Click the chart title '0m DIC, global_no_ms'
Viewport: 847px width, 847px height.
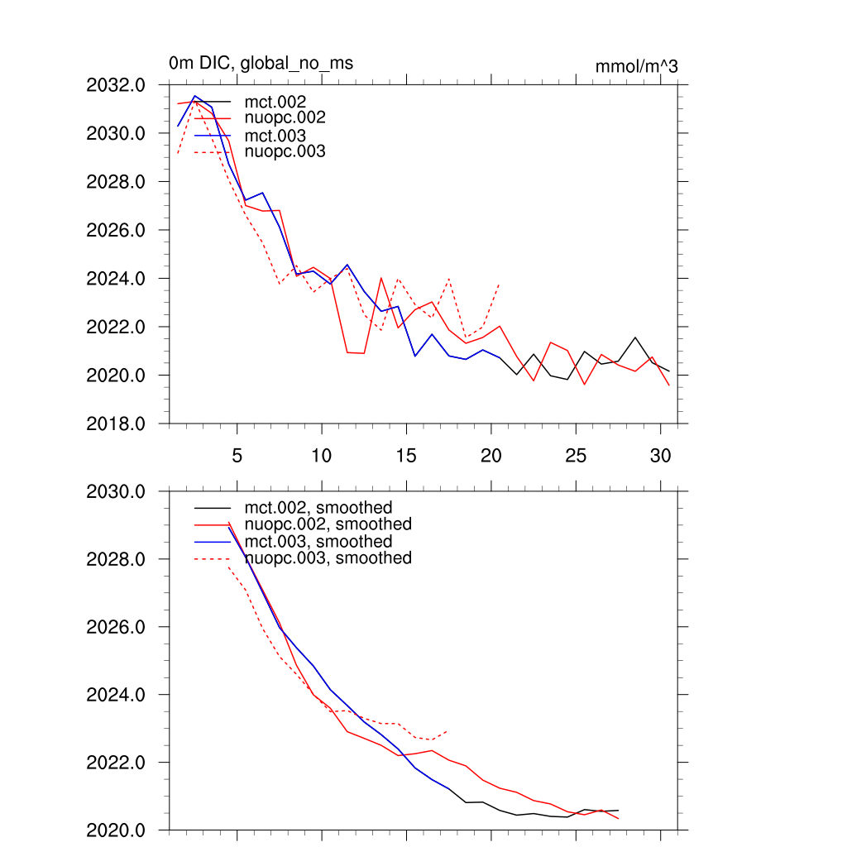(261, 64)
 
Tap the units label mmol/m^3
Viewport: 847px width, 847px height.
(636, 67)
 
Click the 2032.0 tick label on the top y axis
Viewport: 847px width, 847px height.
(116, 84)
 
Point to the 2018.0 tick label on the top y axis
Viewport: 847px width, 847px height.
(116, 423)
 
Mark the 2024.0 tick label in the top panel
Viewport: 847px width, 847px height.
(116, 278)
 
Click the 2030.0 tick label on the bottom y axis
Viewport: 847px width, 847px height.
(116, 491)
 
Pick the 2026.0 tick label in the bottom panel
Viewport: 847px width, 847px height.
(116, 627)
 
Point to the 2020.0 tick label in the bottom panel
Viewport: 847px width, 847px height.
(116, 830)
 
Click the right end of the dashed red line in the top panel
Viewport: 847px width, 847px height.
(500, 285)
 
